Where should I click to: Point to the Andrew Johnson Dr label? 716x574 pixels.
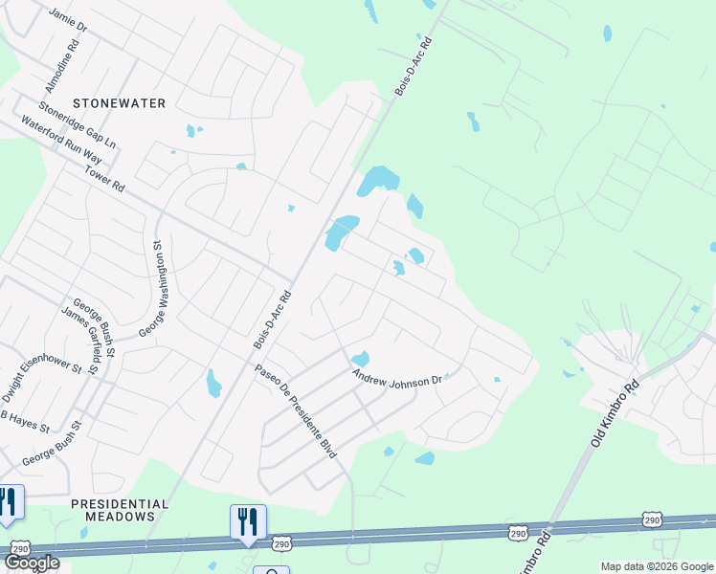tap(396, 377)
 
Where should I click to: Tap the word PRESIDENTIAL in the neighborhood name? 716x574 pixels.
tap(120, 503)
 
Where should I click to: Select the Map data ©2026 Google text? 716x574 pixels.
tap(656, 566)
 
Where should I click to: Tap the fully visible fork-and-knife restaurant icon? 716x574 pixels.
tap(247, 522)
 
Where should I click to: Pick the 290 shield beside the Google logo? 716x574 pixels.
tap(20, 547)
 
